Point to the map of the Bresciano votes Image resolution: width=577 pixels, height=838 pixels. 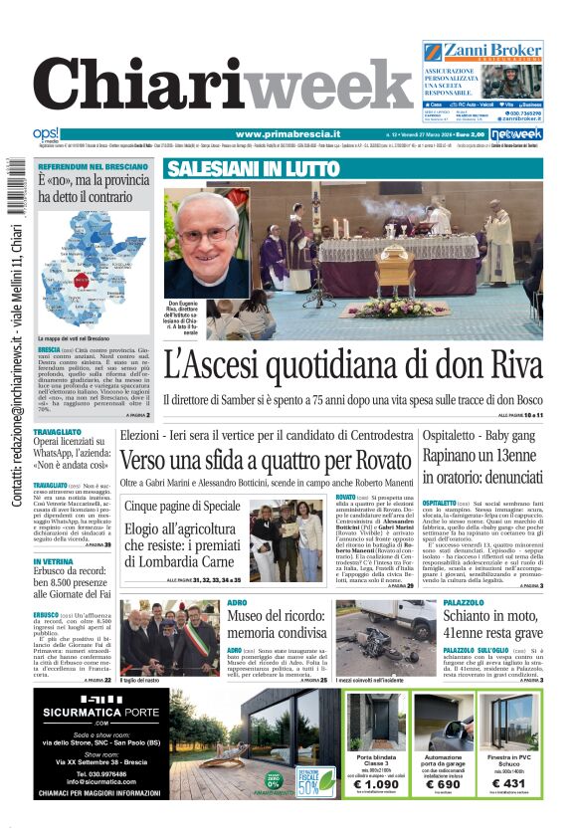point(92,269)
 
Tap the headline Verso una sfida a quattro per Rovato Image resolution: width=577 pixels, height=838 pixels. point(264,461)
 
